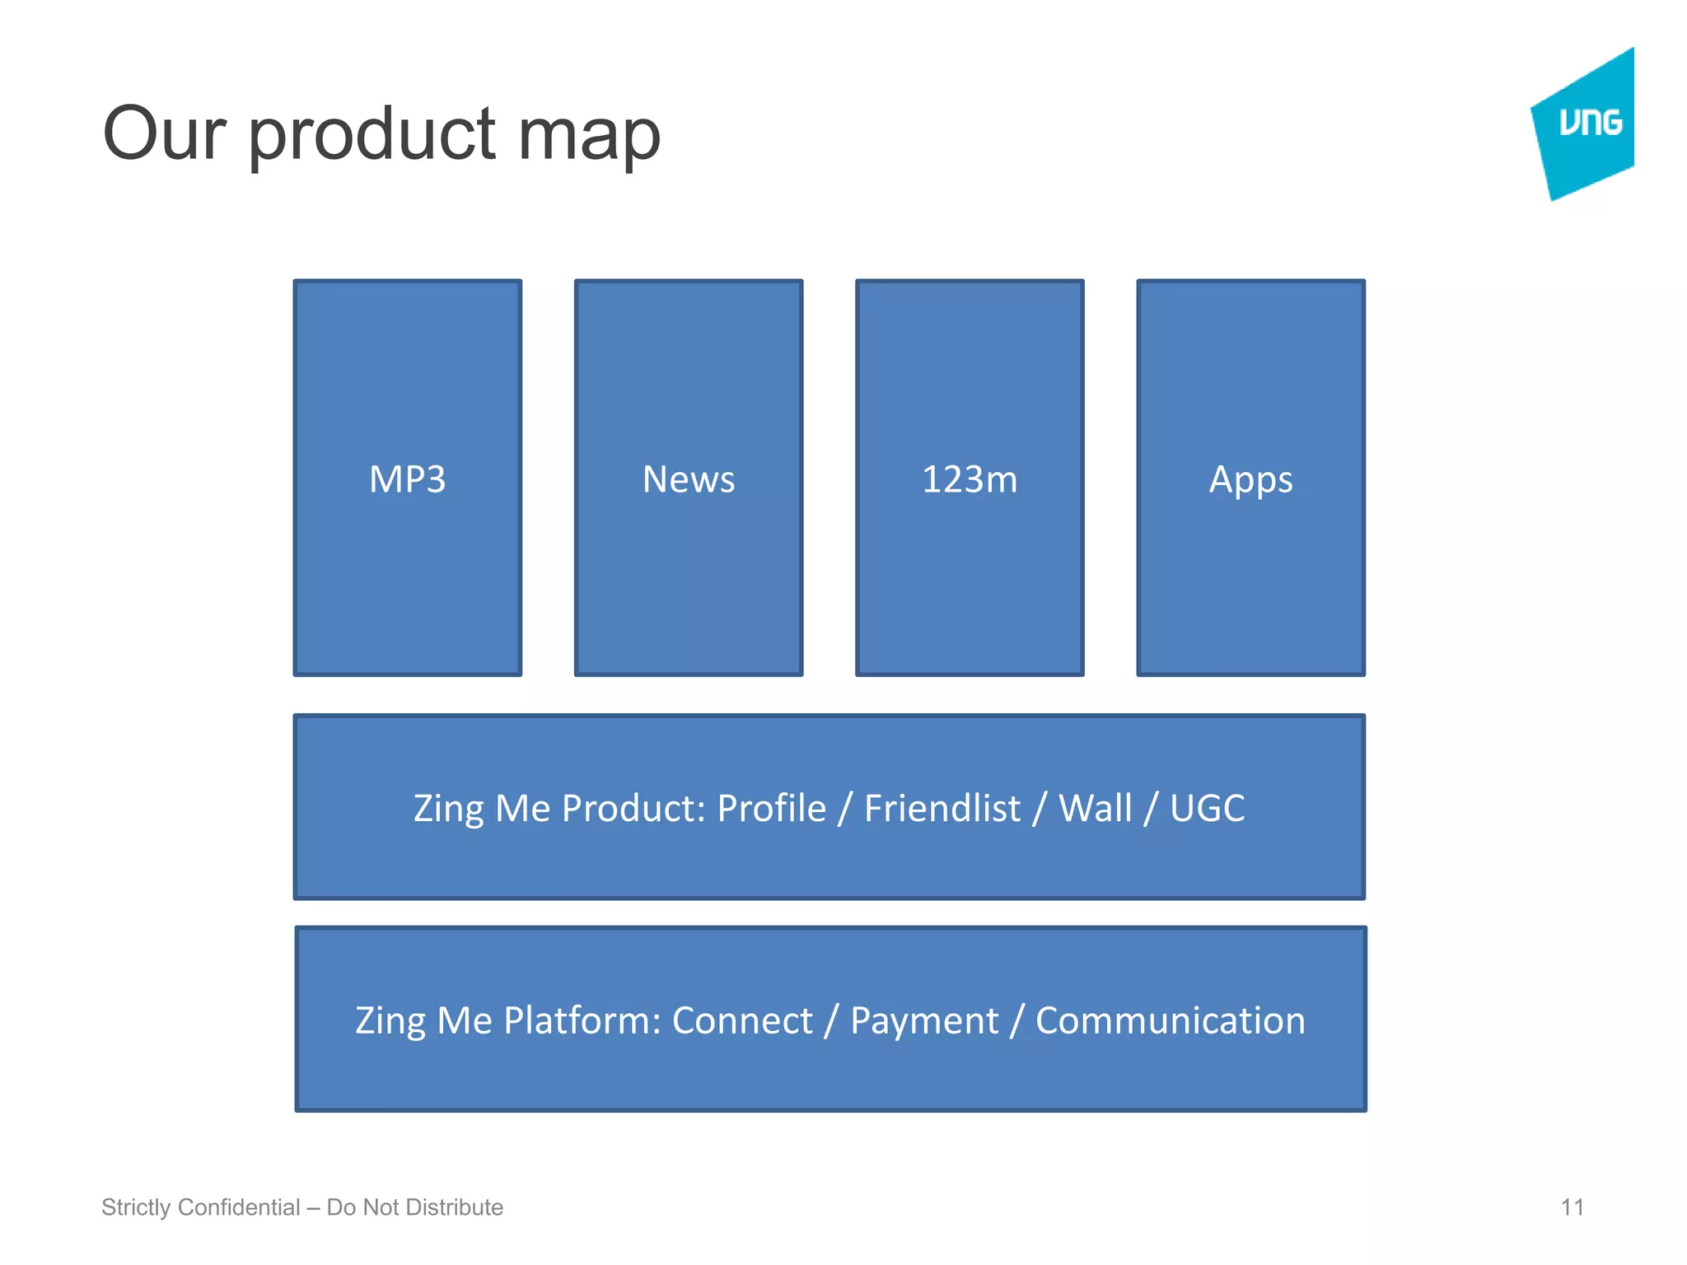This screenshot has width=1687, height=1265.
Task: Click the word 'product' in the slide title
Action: [372, 136]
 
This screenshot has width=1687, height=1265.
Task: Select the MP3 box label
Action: [407, 479]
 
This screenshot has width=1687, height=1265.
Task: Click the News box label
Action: [688, 479]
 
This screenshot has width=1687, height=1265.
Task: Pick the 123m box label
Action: [970, 479]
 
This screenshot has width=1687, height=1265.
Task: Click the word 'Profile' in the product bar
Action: [771, 808]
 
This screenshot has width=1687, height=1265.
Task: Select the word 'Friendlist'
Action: [942, 808]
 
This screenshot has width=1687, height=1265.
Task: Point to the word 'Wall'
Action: [1095, 808]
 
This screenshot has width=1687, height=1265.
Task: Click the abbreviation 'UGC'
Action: [1207, 808]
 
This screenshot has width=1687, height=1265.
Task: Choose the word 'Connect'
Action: [742, 1021]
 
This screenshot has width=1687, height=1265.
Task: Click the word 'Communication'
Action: [1170, 1021]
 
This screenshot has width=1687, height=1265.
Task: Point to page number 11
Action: [1572, 1207]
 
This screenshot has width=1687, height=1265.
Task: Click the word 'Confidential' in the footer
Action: [239, 1207]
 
